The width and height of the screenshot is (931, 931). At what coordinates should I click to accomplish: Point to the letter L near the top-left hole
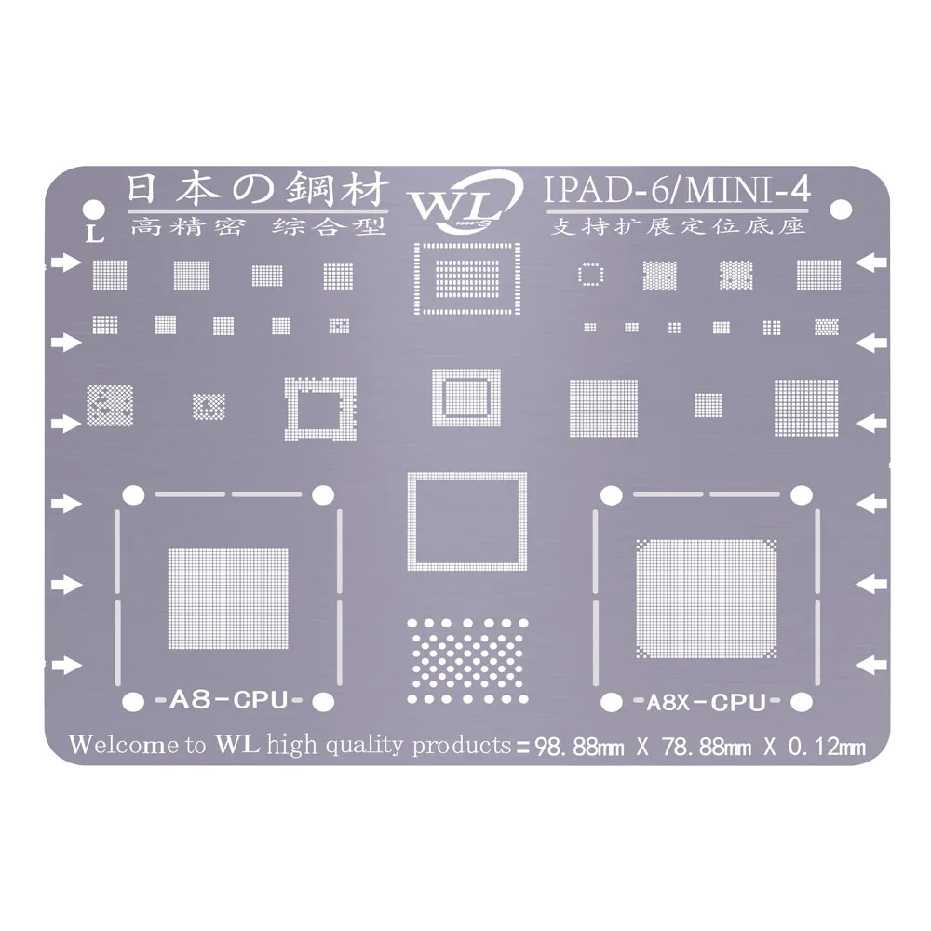pos(90,233)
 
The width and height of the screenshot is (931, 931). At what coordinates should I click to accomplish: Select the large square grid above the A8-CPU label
pos(228,598)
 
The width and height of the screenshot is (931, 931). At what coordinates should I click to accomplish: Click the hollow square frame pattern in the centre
pos(466,520)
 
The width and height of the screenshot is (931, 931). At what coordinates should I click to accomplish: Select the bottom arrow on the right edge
pos(870,664)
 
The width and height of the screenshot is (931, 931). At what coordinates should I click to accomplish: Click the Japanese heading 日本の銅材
pos(255,193)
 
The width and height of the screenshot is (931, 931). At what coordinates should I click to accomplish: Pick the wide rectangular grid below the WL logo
pos(467,277)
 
